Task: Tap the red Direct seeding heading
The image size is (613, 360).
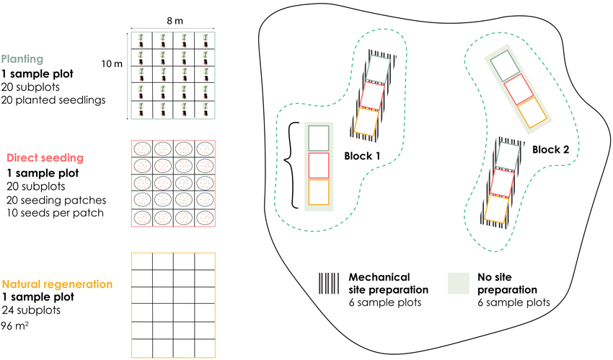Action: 44,158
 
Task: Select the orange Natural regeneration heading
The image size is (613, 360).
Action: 59,284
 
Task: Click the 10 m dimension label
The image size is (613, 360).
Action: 112,65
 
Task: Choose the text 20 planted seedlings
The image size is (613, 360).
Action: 53,100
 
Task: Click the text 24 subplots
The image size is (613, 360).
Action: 31,311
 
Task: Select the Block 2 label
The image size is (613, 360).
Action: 552,149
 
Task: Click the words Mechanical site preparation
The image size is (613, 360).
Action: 389,283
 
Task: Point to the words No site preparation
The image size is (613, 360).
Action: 504,283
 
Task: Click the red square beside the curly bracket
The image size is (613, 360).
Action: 318,164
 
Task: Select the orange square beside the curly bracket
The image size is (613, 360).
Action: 318,191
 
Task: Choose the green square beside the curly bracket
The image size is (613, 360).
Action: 318,137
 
